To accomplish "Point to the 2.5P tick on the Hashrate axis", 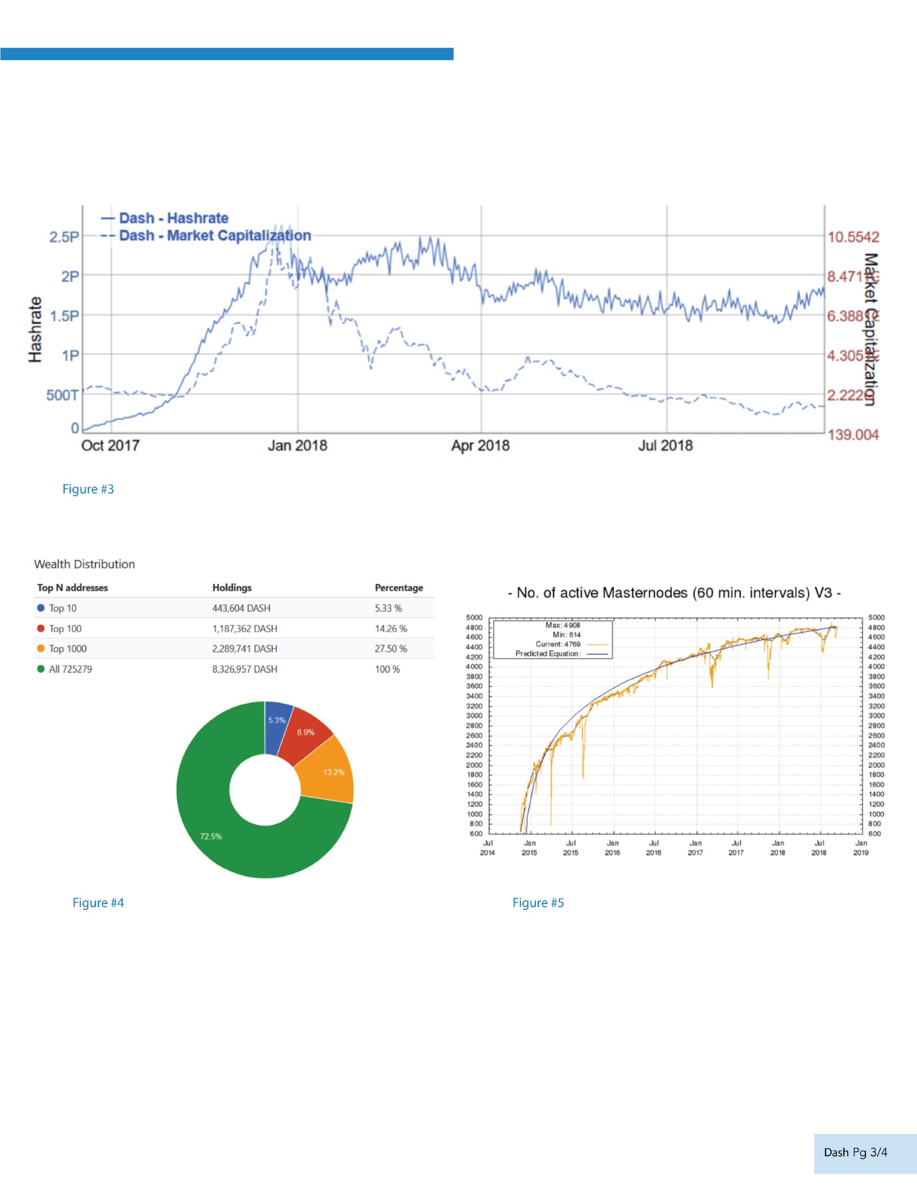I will [64, 237].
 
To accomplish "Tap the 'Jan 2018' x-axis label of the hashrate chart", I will [297, 445].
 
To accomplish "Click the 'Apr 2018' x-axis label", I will [480, 445].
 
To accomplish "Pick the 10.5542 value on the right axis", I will [853, 237].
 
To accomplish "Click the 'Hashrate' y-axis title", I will [36, 329].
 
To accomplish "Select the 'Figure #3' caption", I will [88, 489].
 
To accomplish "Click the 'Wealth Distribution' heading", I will [84, 564].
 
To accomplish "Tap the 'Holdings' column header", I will [232, 588].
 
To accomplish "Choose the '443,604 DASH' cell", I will [241, 608].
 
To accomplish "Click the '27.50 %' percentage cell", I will [391, 649].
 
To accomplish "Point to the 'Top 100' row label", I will [65, 629].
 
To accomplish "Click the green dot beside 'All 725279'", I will [41, 669].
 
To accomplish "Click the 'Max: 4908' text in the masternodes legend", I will [562, 625].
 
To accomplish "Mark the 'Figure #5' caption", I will [538, 903].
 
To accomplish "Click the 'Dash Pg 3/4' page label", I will [855, 1152].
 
